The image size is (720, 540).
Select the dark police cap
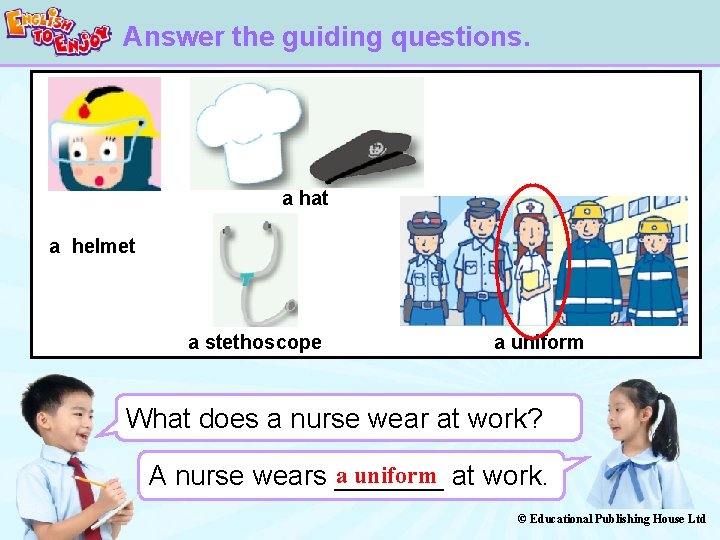(x=361, y=156)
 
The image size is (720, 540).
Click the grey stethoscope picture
(x=254, y=269)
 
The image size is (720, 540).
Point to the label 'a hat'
(x=305, y=198)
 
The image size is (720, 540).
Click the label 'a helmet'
(x=92, y=246)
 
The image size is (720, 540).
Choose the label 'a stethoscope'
(x=255, y=342)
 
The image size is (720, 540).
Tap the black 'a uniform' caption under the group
(x=538, y=342)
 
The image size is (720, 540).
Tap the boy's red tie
(x=79, y=490)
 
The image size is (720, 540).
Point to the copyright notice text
(x=612, y=518)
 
